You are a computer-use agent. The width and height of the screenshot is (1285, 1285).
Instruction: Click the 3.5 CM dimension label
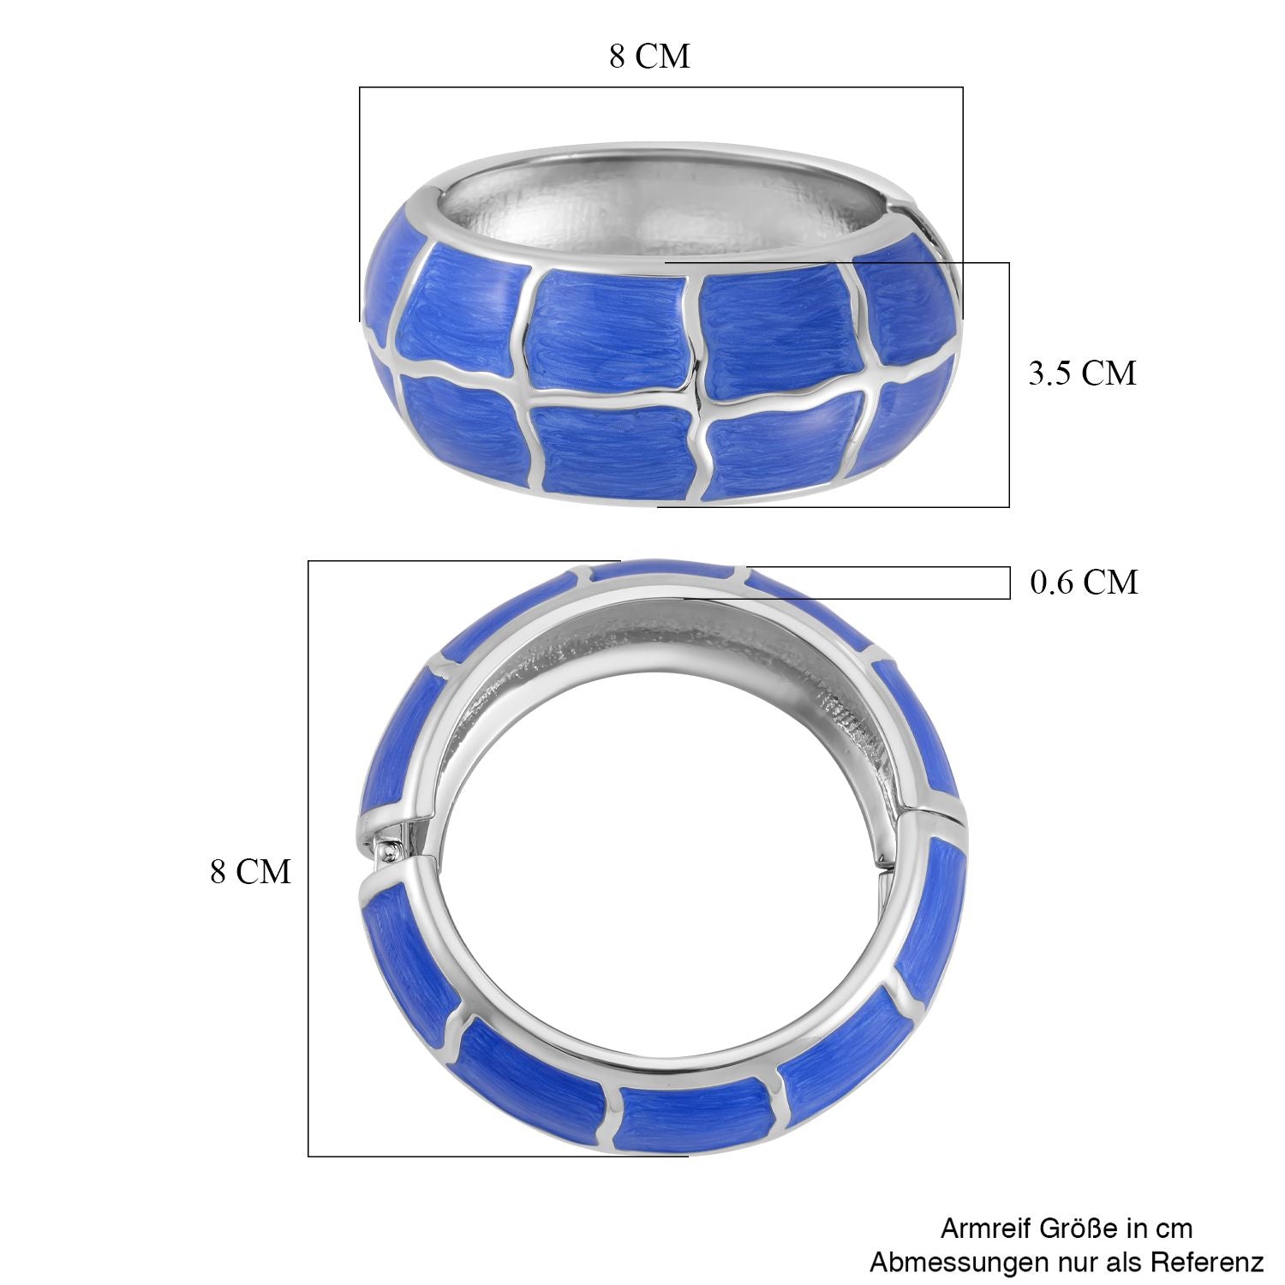[x=1082, y=374]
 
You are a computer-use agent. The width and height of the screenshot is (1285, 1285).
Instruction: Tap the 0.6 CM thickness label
[x=1084, y=583]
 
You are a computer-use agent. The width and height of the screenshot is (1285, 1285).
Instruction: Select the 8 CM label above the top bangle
[x=649, y=57]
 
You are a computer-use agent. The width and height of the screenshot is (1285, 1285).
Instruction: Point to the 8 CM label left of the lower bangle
[x=251, y=872]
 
